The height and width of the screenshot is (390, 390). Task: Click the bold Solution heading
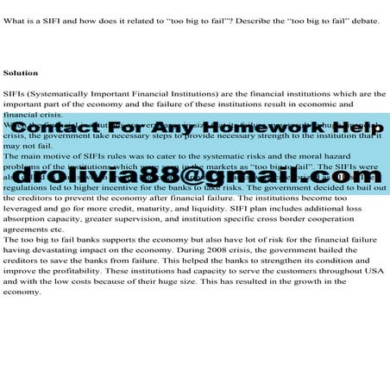click(x=20, y=73)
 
